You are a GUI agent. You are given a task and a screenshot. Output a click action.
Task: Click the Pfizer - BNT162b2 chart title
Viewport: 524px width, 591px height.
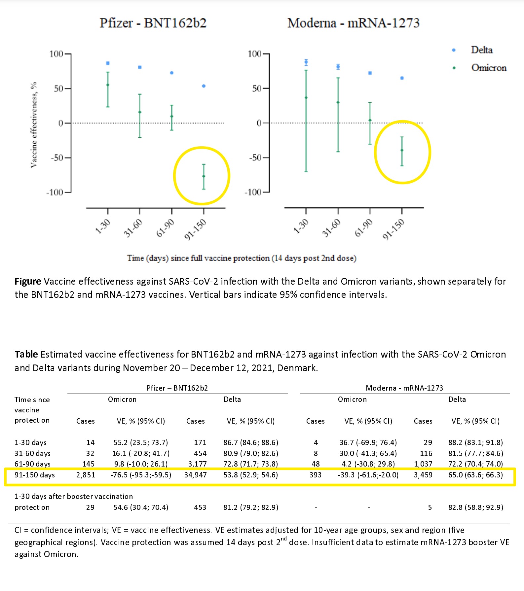pyautogui.click(x=153, y=23)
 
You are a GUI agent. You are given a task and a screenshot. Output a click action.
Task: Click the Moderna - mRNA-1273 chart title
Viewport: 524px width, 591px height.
pyautogui.click(x=353, y=23)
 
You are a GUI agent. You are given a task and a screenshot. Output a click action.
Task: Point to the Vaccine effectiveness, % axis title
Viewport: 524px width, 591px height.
pyautogui.click(x=34, y=125)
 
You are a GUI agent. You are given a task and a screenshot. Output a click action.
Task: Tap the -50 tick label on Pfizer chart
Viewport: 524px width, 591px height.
pyautogui.click(x=57, y=157)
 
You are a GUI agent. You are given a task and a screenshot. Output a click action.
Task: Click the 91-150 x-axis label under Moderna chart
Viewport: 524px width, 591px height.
pyautogui.click(x=393, y=229)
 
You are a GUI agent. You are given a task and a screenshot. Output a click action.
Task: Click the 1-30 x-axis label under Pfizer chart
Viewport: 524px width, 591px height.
pyautogui.click(x=103, y=226)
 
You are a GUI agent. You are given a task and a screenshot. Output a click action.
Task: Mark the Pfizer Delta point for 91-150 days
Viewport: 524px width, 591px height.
pyautogui.click(x=204, y=86)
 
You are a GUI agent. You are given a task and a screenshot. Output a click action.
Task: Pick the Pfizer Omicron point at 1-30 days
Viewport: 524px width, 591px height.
pyautogui.click(x=108, y=85)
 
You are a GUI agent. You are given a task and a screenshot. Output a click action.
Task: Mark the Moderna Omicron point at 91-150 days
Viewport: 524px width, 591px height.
pyautogui.click(x=402, y=150)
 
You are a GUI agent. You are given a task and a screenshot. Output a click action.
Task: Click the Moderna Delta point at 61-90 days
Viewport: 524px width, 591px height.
pyautogui.click(x=370, y=73)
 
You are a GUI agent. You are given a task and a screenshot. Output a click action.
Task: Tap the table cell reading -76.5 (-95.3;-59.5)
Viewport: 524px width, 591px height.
pyautogui.click(x=141, y=475)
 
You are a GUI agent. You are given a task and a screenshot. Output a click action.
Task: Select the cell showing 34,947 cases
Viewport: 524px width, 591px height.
pyautogui.click(x=196, y=475)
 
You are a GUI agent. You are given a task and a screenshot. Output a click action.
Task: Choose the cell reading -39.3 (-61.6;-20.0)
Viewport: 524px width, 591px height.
pyautogui.click(x=368, y=475)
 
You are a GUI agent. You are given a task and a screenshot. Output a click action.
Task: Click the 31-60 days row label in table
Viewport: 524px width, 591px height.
pyautogui.click(x=32, y=453)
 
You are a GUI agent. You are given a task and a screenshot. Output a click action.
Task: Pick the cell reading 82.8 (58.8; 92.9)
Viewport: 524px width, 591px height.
pyautogui.click(x=476, y=507)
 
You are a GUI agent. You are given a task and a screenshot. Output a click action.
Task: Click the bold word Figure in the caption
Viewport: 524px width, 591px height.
pyautogui.click(x=28, y=282)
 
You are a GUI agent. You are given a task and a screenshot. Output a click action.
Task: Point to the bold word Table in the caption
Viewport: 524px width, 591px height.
pyautogui.click(x=26, y=354)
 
